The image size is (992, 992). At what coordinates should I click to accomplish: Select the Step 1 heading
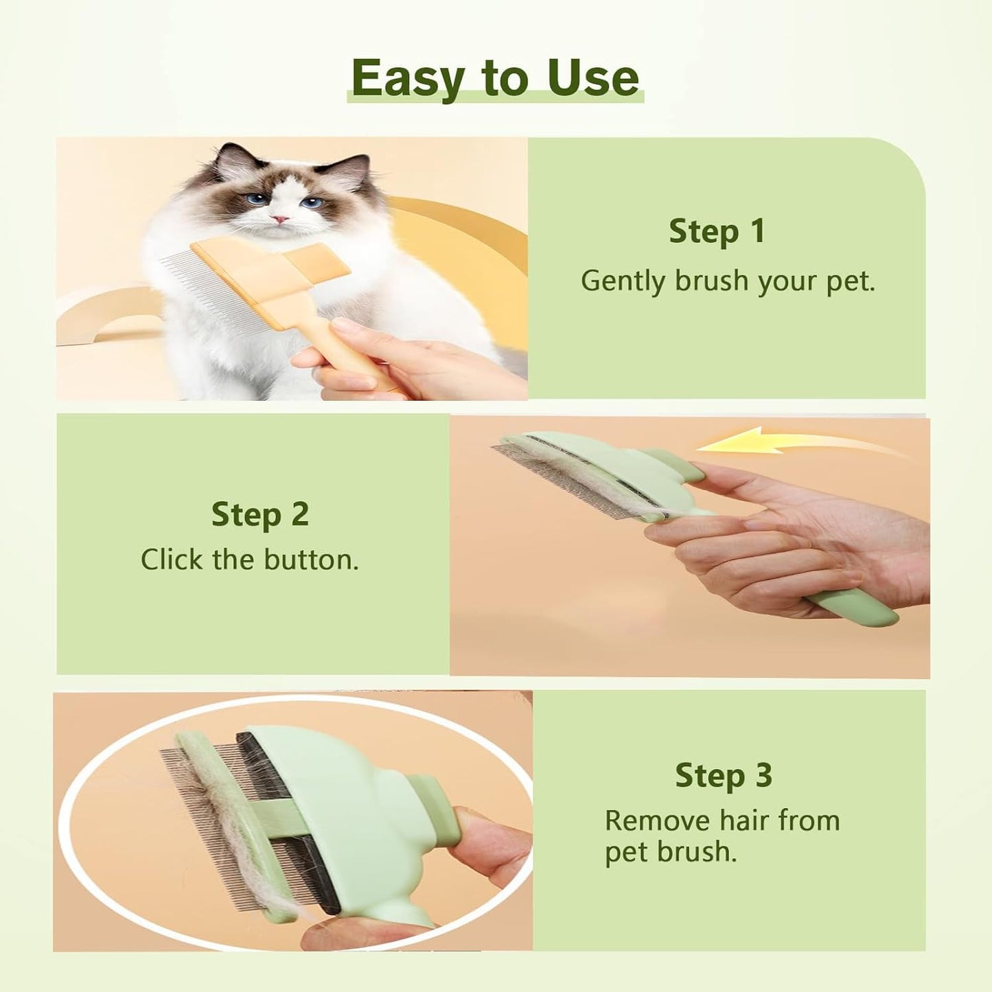(717, 231)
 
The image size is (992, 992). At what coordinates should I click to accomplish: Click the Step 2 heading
(259, 514)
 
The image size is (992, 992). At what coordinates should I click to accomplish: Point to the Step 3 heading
(723, 776)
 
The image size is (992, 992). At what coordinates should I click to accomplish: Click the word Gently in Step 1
(623, 281)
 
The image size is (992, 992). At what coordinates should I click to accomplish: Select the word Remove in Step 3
(657, 820)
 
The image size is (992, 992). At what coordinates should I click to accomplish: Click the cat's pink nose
(280, 220)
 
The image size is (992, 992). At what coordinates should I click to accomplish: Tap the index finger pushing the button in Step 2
(755, 481)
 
